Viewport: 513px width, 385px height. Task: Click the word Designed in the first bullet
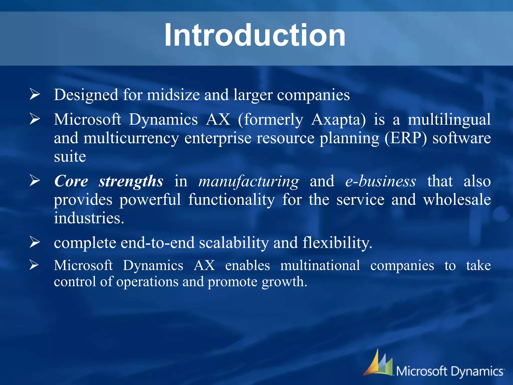(86, 95)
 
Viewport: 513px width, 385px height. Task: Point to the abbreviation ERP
(406, 138)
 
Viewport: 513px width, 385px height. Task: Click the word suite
(70, 157)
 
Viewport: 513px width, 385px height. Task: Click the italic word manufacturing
(248, 181)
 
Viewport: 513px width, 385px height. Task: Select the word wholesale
(457, 200)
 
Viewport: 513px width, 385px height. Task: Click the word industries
(89, 218)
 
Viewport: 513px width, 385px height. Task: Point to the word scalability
(233, 243)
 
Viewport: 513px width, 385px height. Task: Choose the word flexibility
(337, 243)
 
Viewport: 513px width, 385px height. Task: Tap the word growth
(284, 282)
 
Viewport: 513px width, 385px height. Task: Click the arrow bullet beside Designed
(35, 94)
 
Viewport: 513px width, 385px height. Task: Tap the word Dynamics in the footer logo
(477, 371)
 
